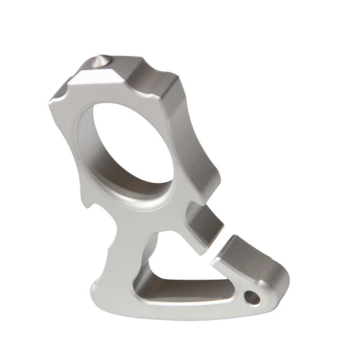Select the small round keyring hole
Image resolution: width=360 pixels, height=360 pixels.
coord(251,297)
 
